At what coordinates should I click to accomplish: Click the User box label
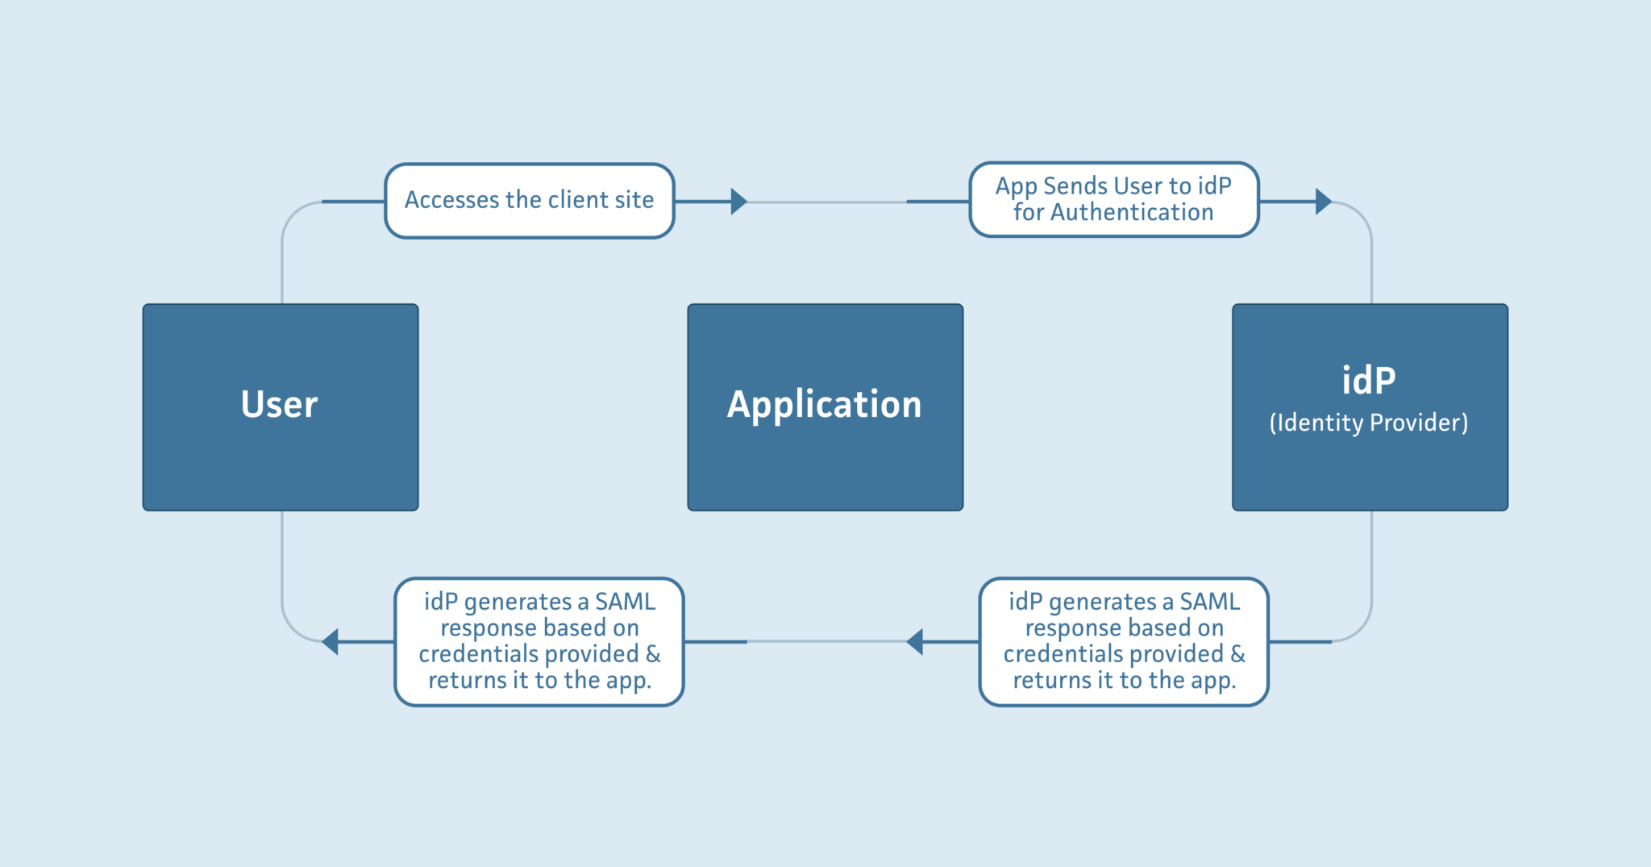tap(280, 404)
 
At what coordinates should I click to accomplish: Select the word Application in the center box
tap(825, 405)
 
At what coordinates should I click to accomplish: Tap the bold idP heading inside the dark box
tap(1369, 380)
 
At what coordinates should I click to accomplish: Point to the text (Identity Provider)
tap(1369, 423)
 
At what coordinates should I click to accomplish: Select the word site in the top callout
tap(634, 199)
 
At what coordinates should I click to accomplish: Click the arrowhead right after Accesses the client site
tap(739, 202)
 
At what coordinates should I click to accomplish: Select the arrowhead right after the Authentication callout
tap(1324, 202)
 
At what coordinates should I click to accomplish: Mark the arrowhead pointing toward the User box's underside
tap(330, 642)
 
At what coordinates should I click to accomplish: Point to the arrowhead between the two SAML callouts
tap(914, 642)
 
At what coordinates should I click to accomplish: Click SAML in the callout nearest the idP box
tap(1210, 602)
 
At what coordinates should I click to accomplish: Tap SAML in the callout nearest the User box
tap(626, 602)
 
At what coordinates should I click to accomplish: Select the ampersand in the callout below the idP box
tap(1238, 654)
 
